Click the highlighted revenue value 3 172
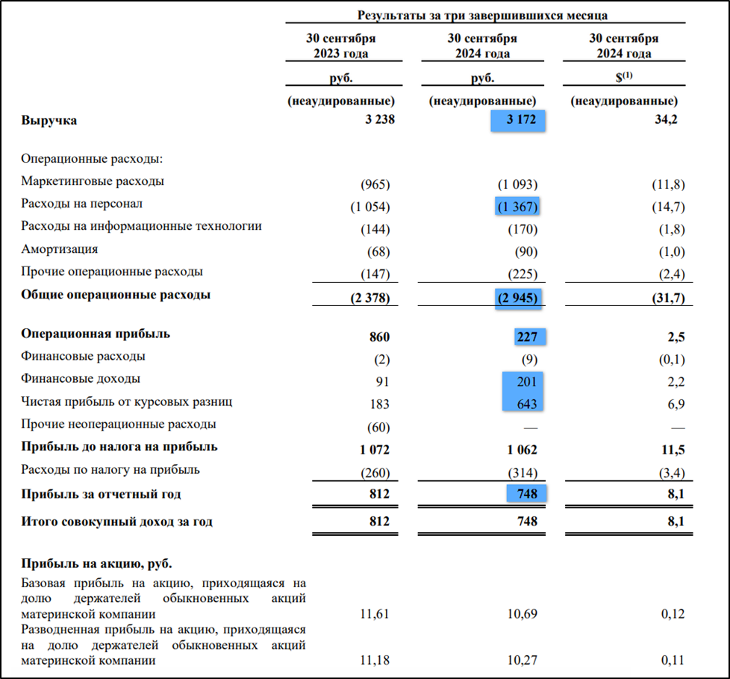point(520,120)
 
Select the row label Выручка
point(49,120)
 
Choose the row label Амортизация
point(60,249)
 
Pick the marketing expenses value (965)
point(375,185)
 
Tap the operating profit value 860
point(379,337)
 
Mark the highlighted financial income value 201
point(528,382)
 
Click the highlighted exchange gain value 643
point(528,404)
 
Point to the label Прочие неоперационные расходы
point(119,424)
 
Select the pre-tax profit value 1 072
point(372,450)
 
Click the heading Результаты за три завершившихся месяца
point(482,15)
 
